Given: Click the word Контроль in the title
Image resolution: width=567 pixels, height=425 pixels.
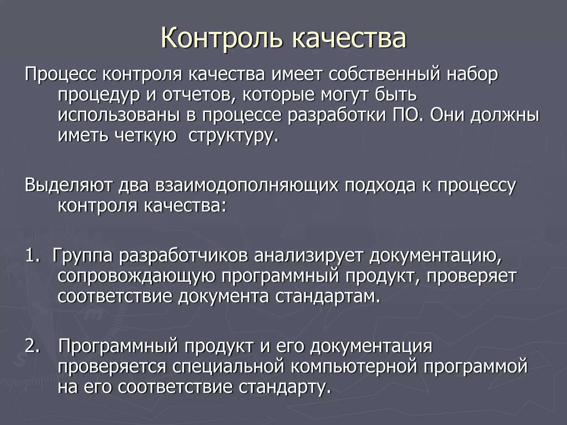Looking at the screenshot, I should tap(222, 37).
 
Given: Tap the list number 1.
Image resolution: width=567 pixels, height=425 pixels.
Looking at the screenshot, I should tap(32, 255).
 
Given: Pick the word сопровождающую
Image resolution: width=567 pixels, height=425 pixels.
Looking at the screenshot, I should tap(136, 276).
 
